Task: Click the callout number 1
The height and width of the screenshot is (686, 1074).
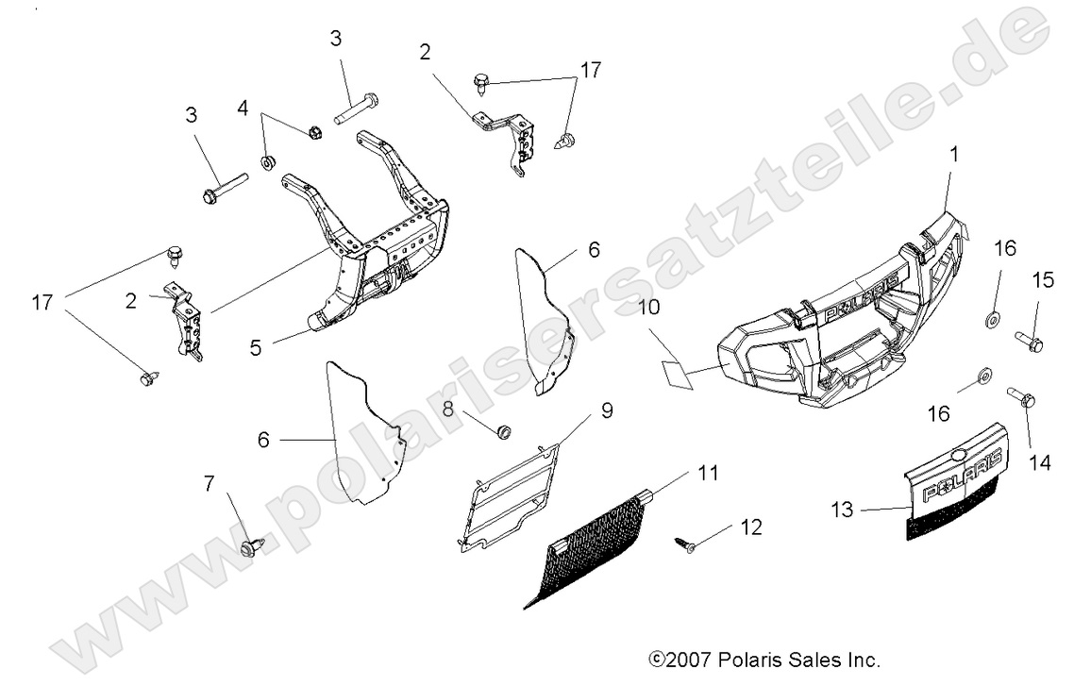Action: tap(954, 154)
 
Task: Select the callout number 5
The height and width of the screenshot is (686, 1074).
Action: tap(256, 346)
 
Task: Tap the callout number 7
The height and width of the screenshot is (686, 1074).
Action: tap(209, 484)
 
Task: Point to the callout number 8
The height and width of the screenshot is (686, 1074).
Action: tap(448, 409)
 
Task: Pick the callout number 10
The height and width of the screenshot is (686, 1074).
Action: tap(651, 309)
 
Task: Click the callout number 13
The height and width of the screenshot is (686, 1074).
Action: tap(843, 510)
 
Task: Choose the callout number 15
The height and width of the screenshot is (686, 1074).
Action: tap(1043, 281)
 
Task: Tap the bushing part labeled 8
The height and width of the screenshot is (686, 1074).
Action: tap(505, 431)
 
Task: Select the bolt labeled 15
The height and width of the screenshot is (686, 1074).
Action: tap(1028, 342)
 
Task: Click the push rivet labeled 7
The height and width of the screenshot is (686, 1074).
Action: tap(252, 546)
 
